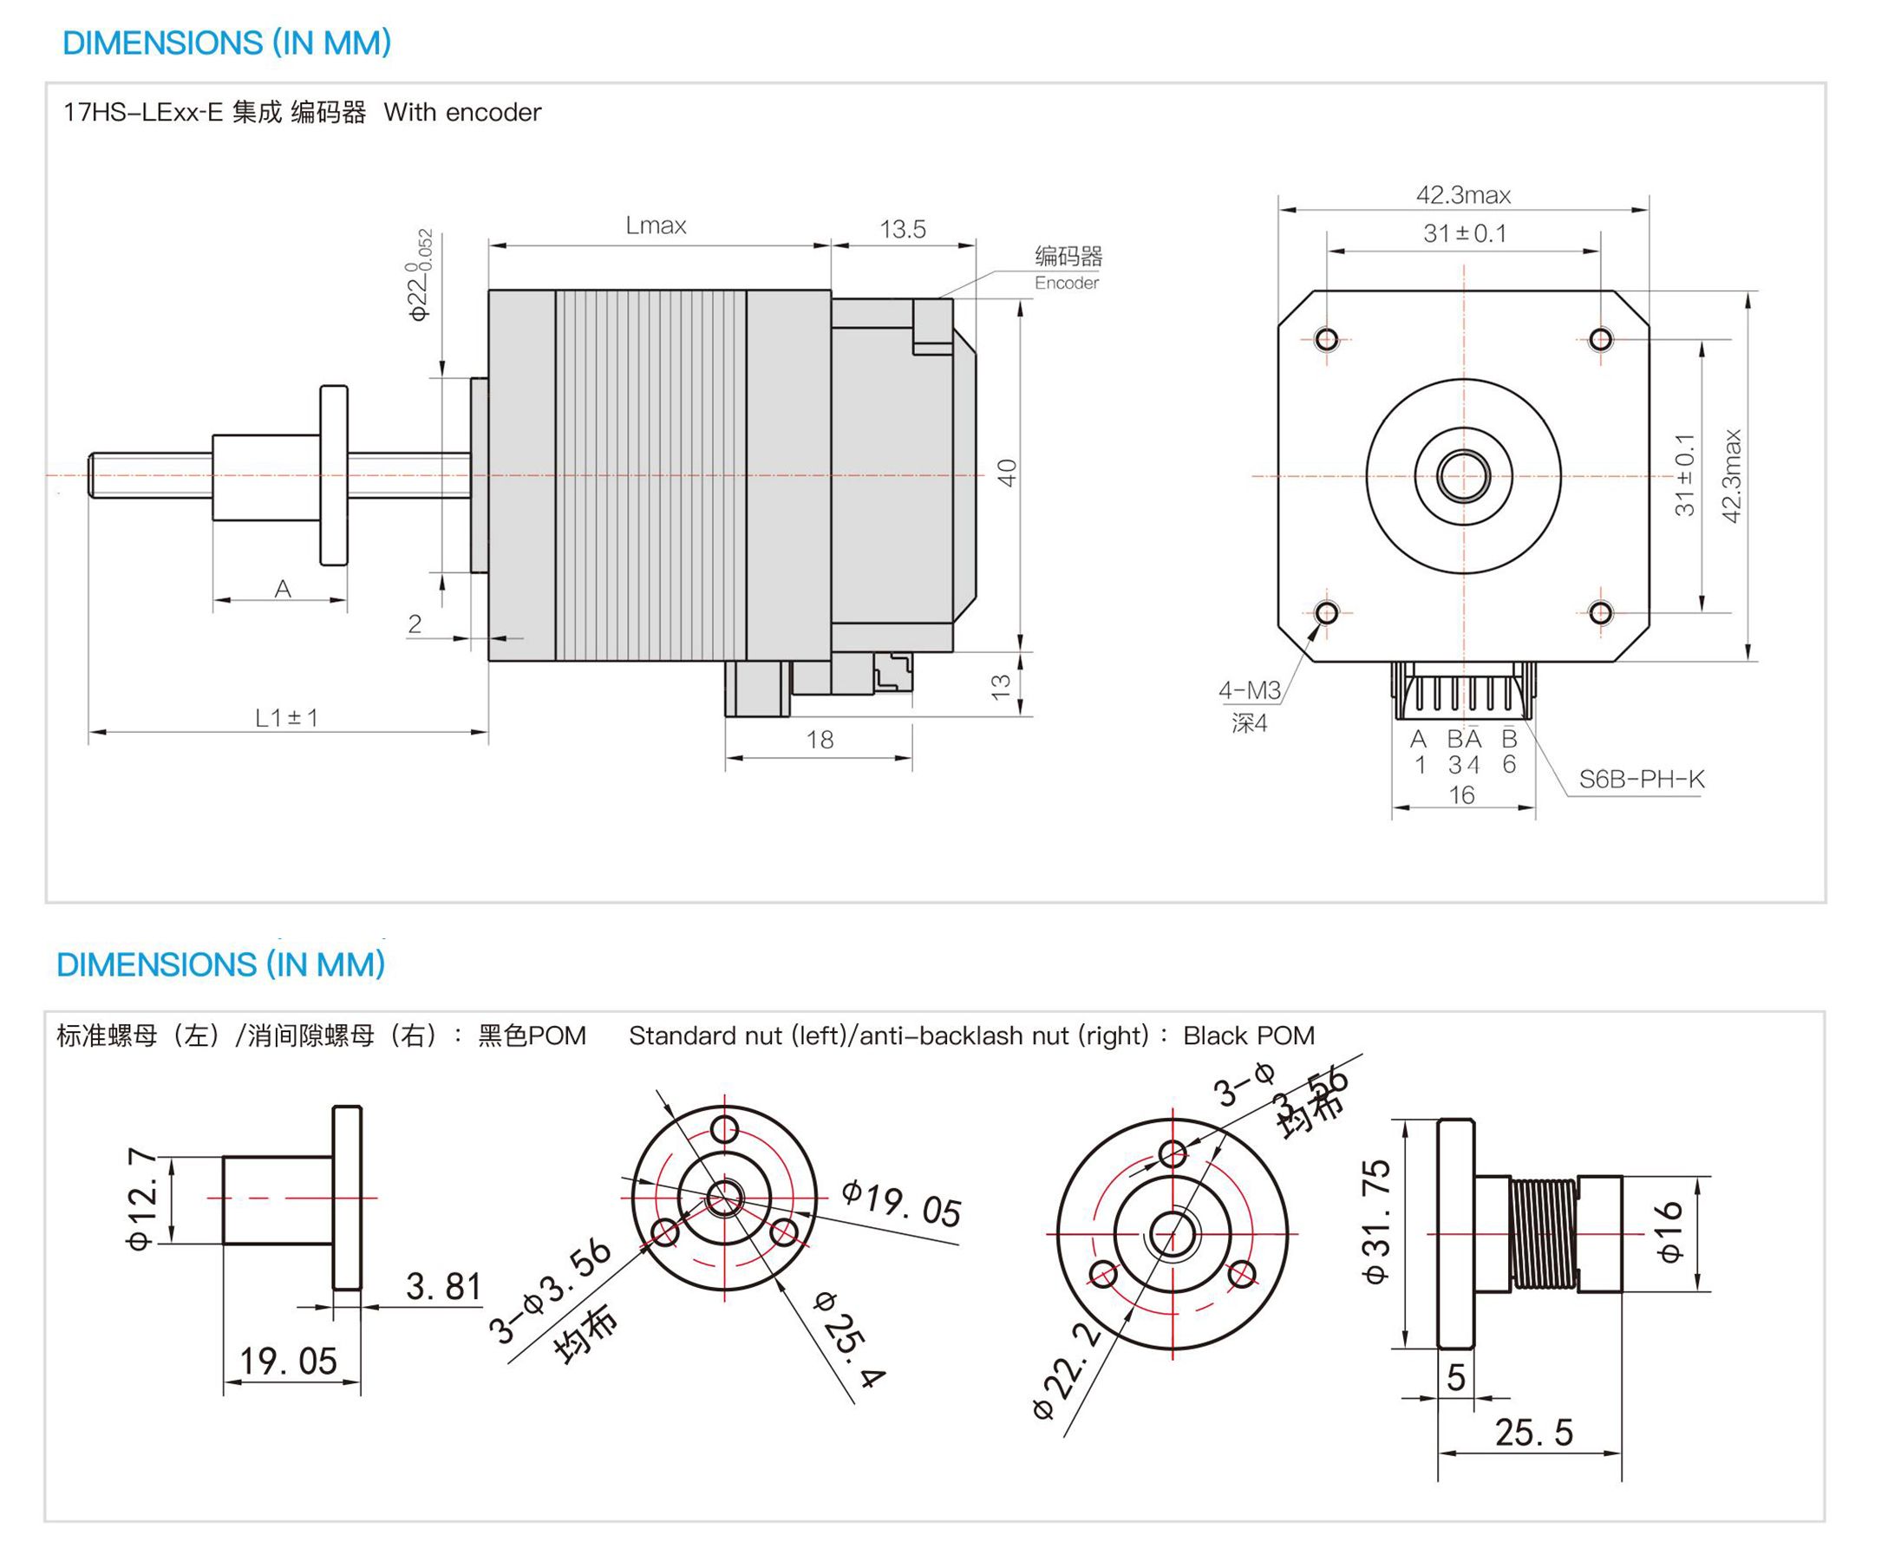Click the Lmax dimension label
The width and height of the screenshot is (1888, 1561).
(x=656, y=225)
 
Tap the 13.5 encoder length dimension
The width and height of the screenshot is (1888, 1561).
(x=902, y=229)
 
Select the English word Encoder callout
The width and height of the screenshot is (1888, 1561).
(x=1066, y=284)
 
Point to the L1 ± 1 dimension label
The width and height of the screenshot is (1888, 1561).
(x=286, y=717)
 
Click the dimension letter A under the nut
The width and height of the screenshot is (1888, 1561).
(x=283, y=589)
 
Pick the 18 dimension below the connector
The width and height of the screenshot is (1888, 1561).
(x=819, y=740)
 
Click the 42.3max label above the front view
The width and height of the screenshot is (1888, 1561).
(x=1463, y=195)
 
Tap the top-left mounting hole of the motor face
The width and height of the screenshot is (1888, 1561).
(x=1326, y=339)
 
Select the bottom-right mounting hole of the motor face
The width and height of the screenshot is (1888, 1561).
(x=1600, y=613)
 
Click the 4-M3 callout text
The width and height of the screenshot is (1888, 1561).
(x=1249, y=690)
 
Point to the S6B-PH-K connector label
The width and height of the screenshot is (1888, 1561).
(x=1641, y=779)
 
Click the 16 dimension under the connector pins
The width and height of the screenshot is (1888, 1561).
(x=1462, y=795)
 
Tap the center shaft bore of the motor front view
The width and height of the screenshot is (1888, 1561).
(x=1463, y=476)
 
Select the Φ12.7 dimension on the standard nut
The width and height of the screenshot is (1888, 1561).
(x=142, y=1199)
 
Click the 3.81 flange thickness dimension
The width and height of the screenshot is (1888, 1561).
(x=443, y=1287)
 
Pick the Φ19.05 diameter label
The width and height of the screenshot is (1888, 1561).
(x=902, y=1204)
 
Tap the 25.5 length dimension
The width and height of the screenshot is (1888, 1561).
(x=1534, y=1433)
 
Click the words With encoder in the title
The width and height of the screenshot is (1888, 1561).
(x=462, y=113)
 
